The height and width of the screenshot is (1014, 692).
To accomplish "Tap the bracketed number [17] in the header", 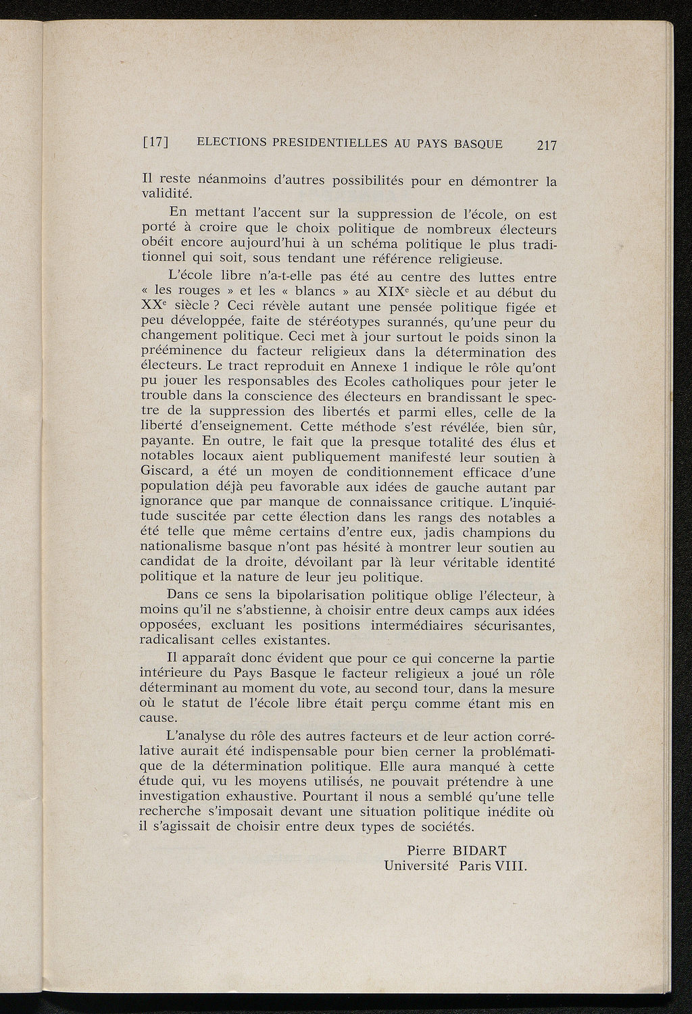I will [x=155, y=143].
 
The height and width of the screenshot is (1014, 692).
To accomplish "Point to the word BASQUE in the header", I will [x=478, y=143].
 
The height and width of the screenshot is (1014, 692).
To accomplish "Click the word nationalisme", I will [x=184, y=547].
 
